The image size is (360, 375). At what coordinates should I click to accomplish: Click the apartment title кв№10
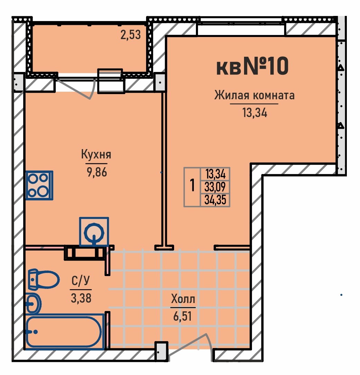click(252, 66)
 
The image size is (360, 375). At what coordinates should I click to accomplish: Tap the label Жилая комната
click(254, 95)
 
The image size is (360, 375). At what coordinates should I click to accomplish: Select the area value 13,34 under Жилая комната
click(255, 113)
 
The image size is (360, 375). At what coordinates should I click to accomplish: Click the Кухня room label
click(96, 154)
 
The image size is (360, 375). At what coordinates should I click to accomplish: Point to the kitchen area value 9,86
click(97, 172)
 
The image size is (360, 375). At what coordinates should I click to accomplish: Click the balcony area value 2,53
click(130, 35)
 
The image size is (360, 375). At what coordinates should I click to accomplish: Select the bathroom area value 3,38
click(81, 298)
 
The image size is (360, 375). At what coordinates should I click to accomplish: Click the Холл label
click(183, 299)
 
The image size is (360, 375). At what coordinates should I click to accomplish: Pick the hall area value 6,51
click(183, 317)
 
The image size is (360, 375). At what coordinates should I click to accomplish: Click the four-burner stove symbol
click(39, 185)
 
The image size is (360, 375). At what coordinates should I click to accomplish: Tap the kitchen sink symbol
click(94, 231)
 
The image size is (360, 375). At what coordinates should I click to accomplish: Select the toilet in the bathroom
click(44, 279)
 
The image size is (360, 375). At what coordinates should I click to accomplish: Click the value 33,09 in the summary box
click(215, 187)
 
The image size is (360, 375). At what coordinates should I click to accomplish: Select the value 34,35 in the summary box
click(215, 200)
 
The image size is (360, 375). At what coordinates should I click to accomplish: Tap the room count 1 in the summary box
click(192, 185)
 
